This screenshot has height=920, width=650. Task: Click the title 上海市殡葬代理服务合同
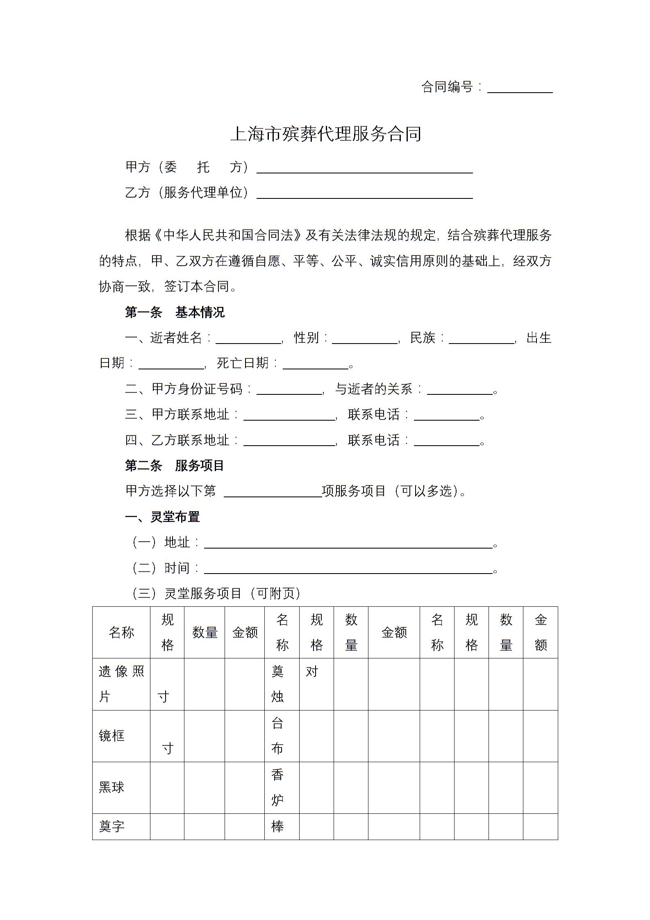(x=326, y=134)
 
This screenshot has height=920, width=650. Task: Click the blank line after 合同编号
(x=520, y=89)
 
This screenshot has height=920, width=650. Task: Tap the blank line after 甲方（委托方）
(x=364, y=169)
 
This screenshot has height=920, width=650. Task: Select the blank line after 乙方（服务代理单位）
(x=364, y=194)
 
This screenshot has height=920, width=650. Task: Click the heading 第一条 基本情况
(x=175, y=312)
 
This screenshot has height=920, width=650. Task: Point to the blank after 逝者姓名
(x=248, y=339)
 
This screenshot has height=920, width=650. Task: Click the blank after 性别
(x=364, y=339)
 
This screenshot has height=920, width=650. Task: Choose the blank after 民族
(x=481, y=339)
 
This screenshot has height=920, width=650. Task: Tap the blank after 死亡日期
(x=315, y=364)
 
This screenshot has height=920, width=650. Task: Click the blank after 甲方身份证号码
(x=289, y=390)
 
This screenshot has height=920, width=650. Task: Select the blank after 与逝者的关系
(x=459, y=390)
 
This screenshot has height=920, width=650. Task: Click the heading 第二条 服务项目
(x=175, y=466)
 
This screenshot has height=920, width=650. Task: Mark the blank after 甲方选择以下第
(x=273, y=492)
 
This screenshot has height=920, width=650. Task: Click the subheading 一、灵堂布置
(x=162, y=517)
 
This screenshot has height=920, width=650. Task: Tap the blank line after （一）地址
(x=348, y=544)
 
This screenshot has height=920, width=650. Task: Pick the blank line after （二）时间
(x=348, y=569)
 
